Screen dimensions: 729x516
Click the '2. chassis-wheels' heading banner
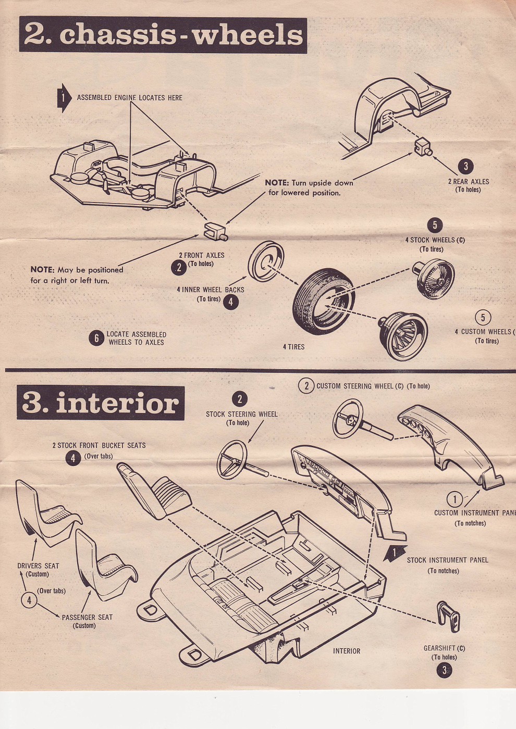(x=163, y=35)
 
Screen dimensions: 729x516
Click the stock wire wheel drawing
(x=435, y=279)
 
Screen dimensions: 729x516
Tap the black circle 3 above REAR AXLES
(x=465, y=167)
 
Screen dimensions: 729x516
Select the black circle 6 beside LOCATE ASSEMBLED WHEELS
(x=96, y=338)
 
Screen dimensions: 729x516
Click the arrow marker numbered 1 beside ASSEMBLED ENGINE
(x=64, y=97)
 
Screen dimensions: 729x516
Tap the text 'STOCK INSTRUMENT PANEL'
(x=447, y=560)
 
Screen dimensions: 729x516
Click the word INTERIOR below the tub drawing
(x=346, y=651)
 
